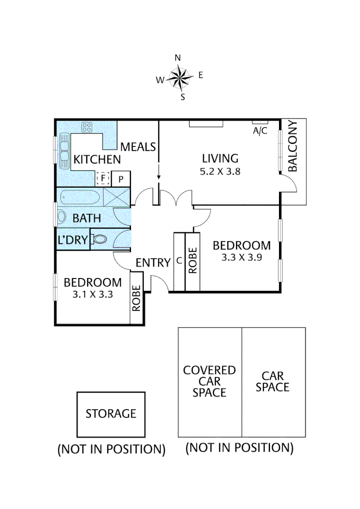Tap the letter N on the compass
click(x=178, y=58)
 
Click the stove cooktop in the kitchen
click(x=87, y=127)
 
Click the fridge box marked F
click(x=103, y=179)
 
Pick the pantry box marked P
click(x=121, y=179)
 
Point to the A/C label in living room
click(x=260, y=131)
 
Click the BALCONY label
click(x=293, y=147)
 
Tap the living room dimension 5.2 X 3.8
click(x=220, y=172)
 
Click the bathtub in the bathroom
click(x=79, y=197)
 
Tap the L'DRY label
click(x=73, y=240)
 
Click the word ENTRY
click(x=153, y=263)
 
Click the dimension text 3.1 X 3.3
click(x=92, y=296)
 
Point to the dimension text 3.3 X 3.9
click(x=242, y=258)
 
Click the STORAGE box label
click(x=111, y=414)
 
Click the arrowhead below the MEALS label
click(x=159, y=177)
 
